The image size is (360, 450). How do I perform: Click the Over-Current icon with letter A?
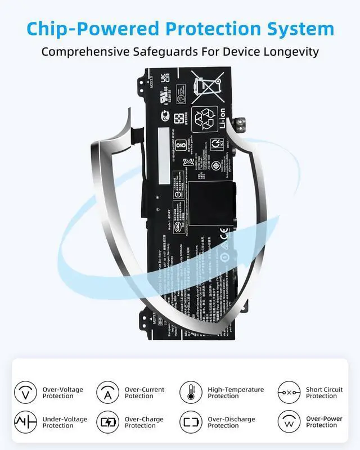click(x=107, y=392)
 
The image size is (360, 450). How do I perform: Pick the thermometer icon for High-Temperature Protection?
click(x=190, y=392)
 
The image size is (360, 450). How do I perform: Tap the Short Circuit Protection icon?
click(x=289, y=392)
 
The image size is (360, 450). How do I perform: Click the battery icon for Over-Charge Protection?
click(x=107, y=422)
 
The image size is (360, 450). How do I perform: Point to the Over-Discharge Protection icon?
click(x=190, y=422)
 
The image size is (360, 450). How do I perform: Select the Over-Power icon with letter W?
click(x=289, y=422)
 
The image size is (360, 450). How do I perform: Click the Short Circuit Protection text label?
click(x=325, y=393)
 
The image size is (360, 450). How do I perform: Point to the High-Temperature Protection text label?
click(x=236, y=393)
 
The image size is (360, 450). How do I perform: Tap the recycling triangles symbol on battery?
click(x=203, y=118)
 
